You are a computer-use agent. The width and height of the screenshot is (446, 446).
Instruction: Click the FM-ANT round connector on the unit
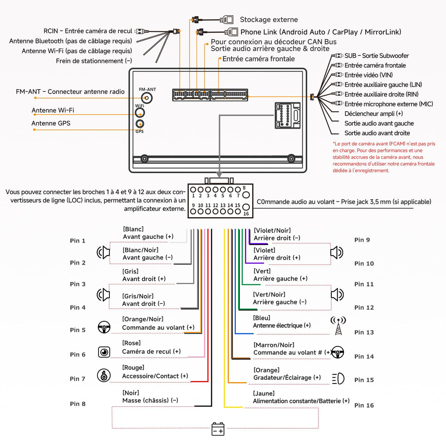[147, 98]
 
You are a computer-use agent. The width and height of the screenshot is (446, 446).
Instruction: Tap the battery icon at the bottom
[218, 429]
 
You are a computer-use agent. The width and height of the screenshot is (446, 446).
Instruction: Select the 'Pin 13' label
[364, 332]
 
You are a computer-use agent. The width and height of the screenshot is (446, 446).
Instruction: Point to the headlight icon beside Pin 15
[338, 378]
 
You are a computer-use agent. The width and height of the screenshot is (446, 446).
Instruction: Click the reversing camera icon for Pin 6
[104, 352]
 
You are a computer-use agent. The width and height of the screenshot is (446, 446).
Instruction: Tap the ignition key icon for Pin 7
[104, 375]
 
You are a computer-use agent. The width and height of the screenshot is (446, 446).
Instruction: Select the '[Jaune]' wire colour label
[264, 393]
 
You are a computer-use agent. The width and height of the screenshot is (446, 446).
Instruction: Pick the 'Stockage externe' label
[269, 20]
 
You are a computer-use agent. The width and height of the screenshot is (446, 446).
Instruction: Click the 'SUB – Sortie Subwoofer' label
[377, 56]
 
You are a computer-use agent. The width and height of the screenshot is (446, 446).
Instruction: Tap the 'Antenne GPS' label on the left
[51, 123]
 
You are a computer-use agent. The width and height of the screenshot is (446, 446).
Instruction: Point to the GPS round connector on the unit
[140, 124]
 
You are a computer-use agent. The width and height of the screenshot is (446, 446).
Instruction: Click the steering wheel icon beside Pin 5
[104, 327]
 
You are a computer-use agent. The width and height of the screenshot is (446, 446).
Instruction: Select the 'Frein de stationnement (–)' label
[94, 61]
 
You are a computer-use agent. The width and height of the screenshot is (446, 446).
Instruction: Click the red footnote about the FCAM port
[384, 157]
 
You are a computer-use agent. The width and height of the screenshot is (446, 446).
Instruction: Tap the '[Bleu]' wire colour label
[262, 318]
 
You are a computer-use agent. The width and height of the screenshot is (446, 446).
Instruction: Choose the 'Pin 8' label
[78, 404]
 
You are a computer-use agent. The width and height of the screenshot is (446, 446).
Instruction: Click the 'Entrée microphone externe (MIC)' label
[389, 104]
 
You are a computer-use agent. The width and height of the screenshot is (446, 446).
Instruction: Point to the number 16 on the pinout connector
[246, 213]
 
